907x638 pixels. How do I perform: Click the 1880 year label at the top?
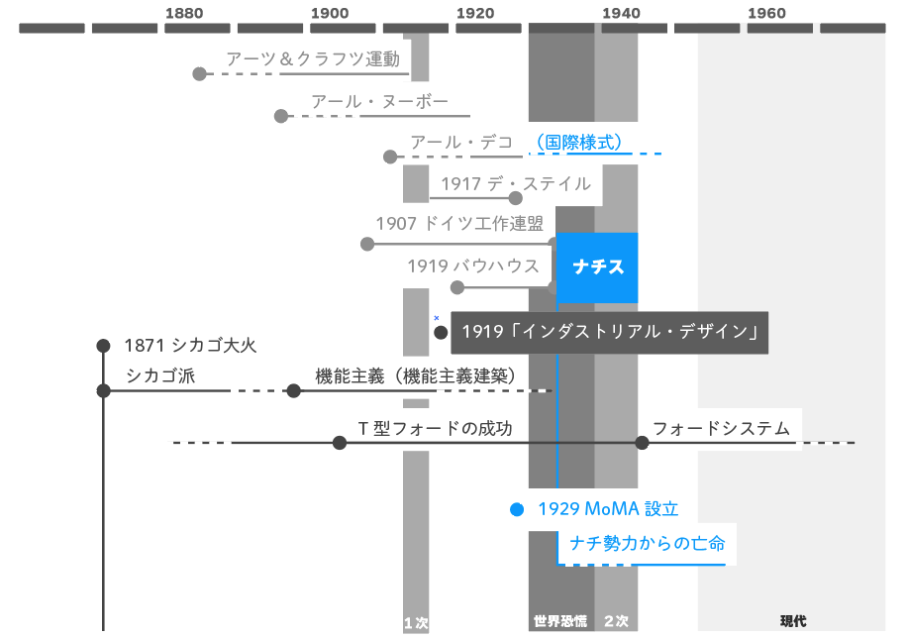click(x=184, y=13)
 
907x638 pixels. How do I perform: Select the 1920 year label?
click(x=475, y=13)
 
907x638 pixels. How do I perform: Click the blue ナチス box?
click(x=597, y=267)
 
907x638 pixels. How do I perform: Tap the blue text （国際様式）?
click(x=578, y=143)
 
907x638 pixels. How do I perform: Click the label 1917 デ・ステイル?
click(x=515, y=184)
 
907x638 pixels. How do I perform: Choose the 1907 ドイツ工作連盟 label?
click(x=459, y=224)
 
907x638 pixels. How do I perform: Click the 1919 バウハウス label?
click(x=473, y=266)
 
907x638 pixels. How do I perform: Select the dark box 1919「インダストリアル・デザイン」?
click(x=609, y=332)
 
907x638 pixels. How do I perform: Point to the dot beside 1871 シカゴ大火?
click(x=103, y=346)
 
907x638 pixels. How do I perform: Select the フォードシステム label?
click(x=721, y=429)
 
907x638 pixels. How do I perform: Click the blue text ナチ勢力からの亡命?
click(x=648, y=543)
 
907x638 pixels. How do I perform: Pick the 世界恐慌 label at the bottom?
click(x=560, y=622)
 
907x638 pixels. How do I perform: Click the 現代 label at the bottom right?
click(x=792, y=622)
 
